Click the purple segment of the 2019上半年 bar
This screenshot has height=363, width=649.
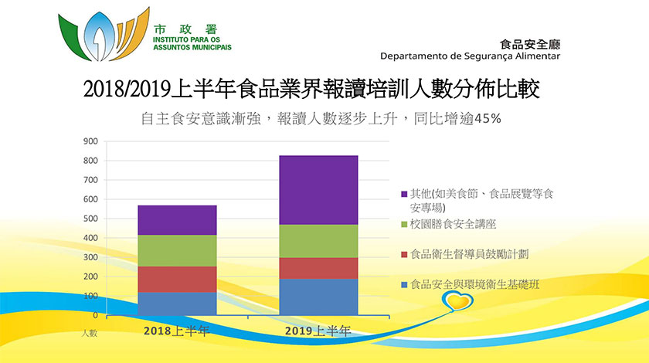[x=318, y=190]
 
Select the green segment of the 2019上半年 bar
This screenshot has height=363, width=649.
[x=318, y=241]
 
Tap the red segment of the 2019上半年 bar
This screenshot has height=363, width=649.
[x=318, y=268]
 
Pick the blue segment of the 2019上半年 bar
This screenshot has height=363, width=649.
[x=318, y=297]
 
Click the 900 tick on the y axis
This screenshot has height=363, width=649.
[x=90, y=141]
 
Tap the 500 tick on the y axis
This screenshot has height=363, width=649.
[x=90, y=219]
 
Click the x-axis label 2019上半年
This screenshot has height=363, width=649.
[x=318, y=331]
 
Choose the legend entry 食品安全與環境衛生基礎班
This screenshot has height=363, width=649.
[x=475, y=284]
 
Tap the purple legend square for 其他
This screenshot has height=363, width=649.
[x=405, y=195]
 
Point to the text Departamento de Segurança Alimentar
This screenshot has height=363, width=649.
[x=470, y=56]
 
